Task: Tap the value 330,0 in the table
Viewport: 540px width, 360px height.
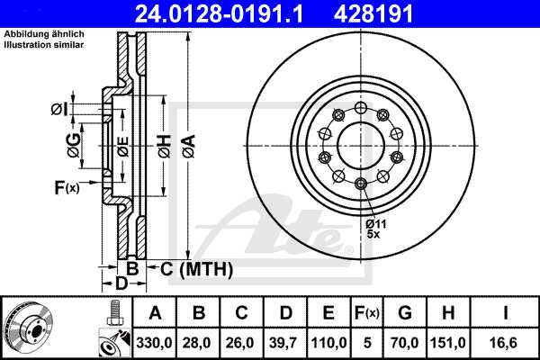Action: [x=156, y=341]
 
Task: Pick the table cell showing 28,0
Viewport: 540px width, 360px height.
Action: [x=199, y=341]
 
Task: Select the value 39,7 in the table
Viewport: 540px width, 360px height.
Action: [x=285, y=341]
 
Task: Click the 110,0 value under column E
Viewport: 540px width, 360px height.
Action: [x=328, y=341]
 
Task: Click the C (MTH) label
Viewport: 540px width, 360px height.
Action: [x=190, y=268]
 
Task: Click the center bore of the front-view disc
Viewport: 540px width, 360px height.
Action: [x=360, y=142]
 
